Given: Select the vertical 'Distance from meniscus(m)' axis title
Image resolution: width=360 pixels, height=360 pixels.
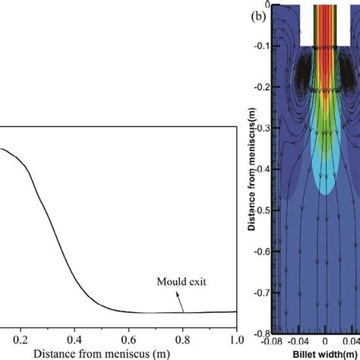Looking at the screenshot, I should [256, 170].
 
